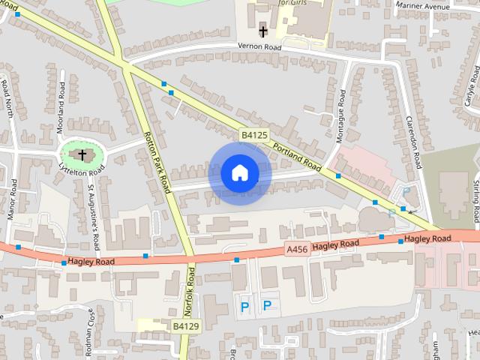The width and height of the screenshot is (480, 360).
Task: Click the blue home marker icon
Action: coord(239,173)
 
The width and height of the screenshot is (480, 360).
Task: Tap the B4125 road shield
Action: coord(254,135)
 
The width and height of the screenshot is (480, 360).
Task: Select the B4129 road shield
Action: coord(186,326)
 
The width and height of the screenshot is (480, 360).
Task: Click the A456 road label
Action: coord(297,249)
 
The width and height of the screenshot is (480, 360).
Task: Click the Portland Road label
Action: coord(297,156)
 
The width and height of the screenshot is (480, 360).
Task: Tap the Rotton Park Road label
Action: coord(160,163)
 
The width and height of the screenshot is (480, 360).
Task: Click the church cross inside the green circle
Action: coord(82,154)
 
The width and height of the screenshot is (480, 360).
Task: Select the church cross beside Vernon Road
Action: coord(262,31)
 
